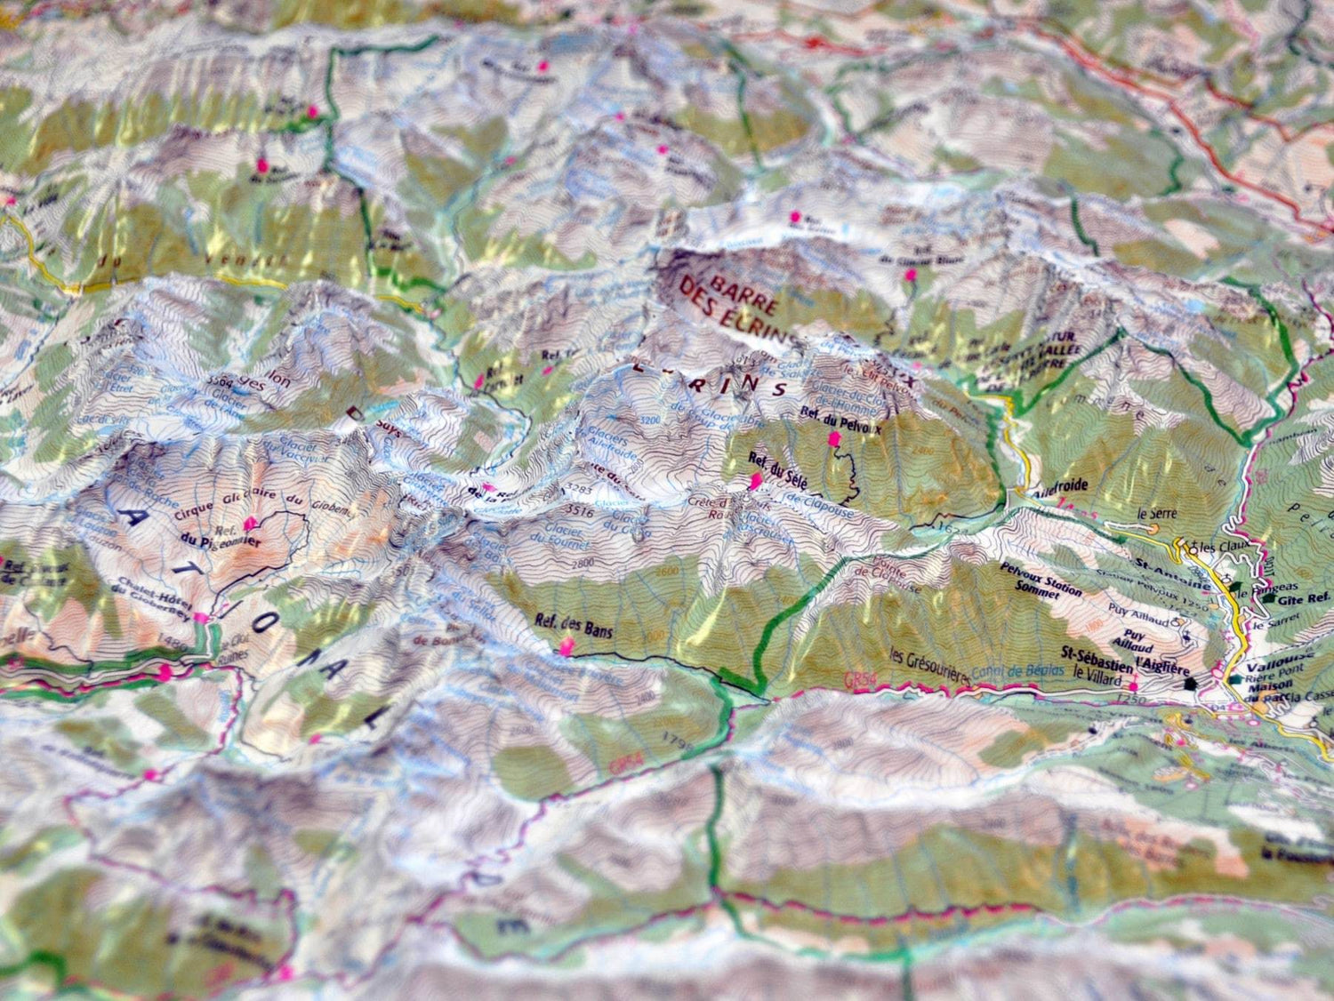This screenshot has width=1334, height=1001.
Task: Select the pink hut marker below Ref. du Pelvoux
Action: (x=834, y=439)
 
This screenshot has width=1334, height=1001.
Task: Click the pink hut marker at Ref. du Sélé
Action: (x=756, y=482)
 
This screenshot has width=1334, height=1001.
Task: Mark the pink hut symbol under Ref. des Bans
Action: (x=566, y=650)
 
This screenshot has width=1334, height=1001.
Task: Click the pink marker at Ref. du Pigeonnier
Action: (x=248, y=524)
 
